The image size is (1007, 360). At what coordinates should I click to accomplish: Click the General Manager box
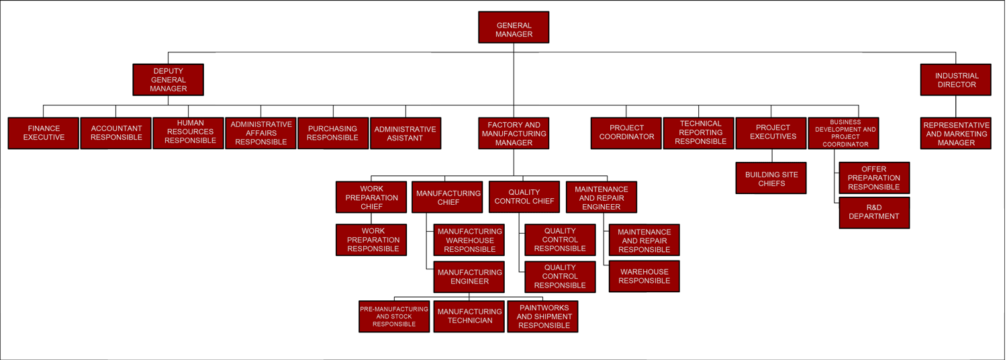point(514,28)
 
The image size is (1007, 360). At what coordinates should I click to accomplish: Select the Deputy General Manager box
point(168,80)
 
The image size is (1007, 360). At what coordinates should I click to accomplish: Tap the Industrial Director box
point(955,80)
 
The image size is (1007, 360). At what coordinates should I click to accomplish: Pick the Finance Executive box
point(44,133)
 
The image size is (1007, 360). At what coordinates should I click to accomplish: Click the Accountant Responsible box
point(116,133)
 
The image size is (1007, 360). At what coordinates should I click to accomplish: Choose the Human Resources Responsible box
point(189,133)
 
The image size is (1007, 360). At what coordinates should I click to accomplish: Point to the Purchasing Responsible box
point(333,133)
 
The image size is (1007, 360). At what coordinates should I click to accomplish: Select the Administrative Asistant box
point(405,133)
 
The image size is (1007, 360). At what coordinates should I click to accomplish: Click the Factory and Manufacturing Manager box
point(514,133)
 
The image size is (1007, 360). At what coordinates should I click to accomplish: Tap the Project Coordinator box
point(626,133)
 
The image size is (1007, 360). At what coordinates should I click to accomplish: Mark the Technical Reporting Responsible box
point(699,133)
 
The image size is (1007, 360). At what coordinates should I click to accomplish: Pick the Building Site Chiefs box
point(771,178)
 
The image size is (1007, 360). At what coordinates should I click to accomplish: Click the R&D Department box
point(874,213)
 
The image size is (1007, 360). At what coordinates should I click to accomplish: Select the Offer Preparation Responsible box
point(874,178)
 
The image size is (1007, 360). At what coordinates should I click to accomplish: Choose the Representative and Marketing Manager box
point(955,133)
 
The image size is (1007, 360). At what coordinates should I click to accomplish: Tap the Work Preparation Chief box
point(371,197)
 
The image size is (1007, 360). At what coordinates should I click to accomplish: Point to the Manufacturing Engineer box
point(469,277)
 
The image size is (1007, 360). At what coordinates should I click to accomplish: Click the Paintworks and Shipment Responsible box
point(543,316)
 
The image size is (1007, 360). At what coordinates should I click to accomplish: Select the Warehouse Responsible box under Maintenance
point(644,276)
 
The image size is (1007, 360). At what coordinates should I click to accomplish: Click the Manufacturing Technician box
point(469,316)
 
